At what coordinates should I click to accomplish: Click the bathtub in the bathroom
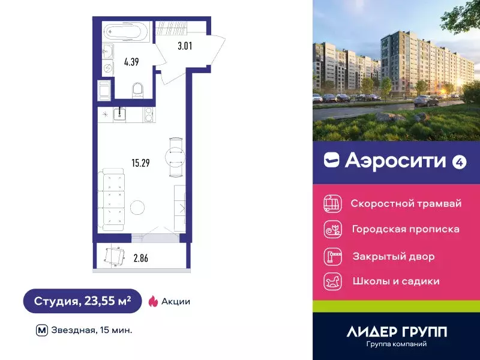pos(127,32)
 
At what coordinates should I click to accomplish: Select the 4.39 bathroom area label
pos(131,61)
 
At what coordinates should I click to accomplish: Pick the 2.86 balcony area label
pos(140,259)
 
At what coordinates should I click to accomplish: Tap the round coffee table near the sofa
pos(137,208)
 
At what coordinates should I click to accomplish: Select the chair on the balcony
pos(114,256)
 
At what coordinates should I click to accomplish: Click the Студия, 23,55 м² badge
pos(82,301)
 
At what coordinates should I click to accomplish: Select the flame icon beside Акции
pos(153,301)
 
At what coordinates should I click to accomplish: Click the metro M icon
pos(41,329)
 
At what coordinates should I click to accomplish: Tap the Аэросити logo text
pos(396,160)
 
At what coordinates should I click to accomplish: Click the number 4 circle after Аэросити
pos(459,161)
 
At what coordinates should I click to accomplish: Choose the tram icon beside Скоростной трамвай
pos(332,204)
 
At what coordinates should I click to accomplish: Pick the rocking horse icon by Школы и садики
pos(332,281)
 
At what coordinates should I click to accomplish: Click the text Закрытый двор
pos(394,256)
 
